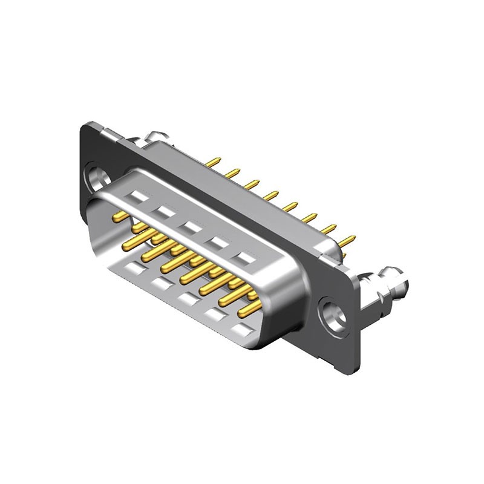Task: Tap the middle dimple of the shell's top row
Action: pyautogui.click(x=192, y=227)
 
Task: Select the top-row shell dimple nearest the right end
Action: pyautogui.click(x=244, y=259)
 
